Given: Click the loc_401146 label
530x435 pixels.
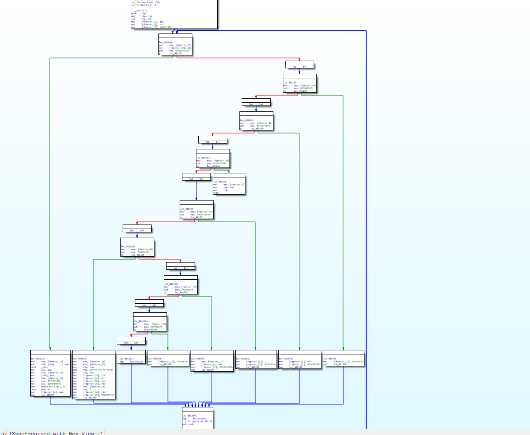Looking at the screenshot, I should [x=166, y=42].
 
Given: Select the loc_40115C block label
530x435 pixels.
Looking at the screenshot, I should [x=291, y=82].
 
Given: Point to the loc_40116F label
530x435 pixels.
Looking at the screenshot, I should [x=247, y=120].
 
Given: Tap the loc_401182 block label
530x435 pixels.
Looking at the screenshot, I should [x=203, y=158].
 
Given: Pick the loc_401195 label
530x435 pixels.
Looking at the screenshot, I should [x=187, y=209].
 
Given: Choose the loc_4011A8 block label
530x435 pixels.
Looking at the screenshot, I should [x=128, y=246].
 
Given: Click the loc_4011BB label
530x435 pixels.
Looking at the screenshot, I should [x=171, y=284].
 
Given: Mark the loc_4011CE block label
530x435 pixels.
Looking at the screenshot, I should [x=140, y=321].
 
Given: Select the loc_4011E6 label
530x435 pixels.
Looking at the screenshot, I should [x=80, y=359].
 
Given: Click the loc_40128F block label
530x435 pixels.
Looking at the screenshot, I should [x=198, y=359].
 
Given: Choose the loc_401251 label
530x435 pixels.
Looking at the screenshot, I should [x=243, y=359].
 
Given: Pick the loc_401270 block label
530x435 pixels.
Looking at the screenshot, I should [x=286, y=359].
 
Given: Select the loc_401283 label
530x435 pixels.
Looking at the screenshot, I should [x=330, y=359].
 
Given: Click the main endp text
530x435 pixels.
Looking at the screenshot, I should [x=188, y=424].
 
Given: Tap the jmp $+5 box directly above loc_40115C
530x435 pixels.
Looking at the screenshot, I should [x=299, y=67].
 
